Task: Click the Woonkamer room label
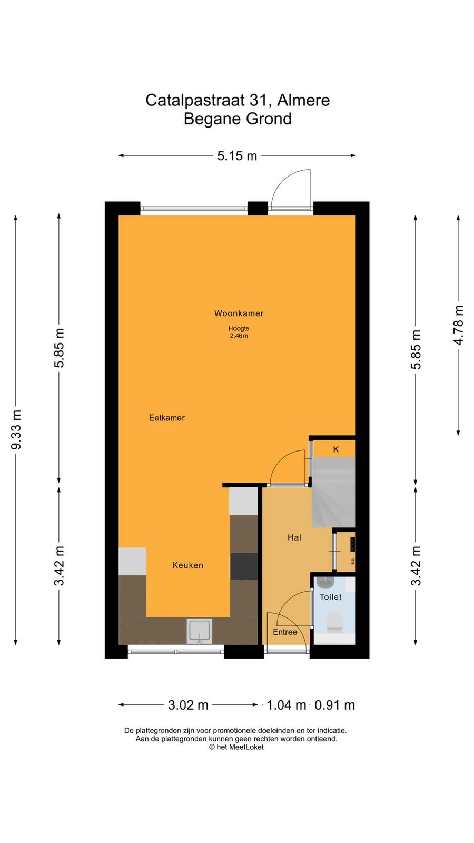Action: point(239,313)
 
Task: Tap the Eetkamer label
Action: point(166,418)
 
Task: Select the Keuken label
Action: point(187,565)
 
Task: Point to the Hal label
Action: point(294,538)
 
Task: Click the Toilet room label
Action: point(331,597)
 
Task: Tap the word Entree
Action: point(285,632)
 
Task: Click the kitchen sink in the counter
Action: point(200,631)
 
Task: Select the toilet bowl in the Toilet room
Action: point(334,622)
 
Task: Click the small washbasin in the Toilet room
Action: point(325,582)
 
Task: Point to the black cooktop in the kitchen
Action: point(244,566)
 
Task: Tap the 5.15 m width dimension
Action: point(237,155)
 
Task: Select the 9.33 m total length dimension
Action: point(16,429)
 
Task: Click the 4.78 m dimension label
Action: point(459,325)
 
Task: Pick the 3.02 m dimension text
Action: point(188,705)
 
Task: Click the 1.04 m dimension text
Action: point(287,705)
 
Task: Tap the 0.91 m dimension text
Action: point(334,705)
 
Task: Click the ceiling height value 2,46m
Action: point(239,336)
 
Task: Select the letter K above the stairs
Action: point(336,449)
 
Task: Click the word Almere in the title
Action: point(303,100)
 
